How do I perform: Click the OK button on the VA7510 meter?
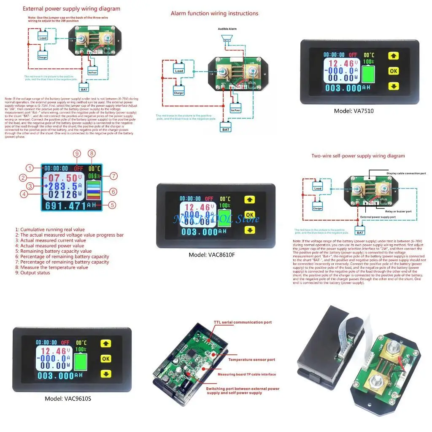(393, 71)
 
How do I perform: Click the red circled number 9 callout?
(76, 154)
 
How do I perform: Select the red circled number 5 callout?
(112, 205)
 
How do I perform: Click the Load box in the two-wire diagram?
(318, 187)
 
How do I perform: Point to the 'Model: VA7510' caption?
(354, 111)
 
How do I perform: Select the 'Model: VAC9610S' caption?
(68, 398)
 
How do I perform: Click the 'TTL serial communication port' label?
(243, 322)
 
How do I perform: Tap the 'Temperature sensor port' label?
(251, 360)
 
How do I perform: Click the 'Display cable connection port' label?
(407, 173)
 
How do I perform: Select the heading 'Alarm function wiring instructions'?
(214, 13)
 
